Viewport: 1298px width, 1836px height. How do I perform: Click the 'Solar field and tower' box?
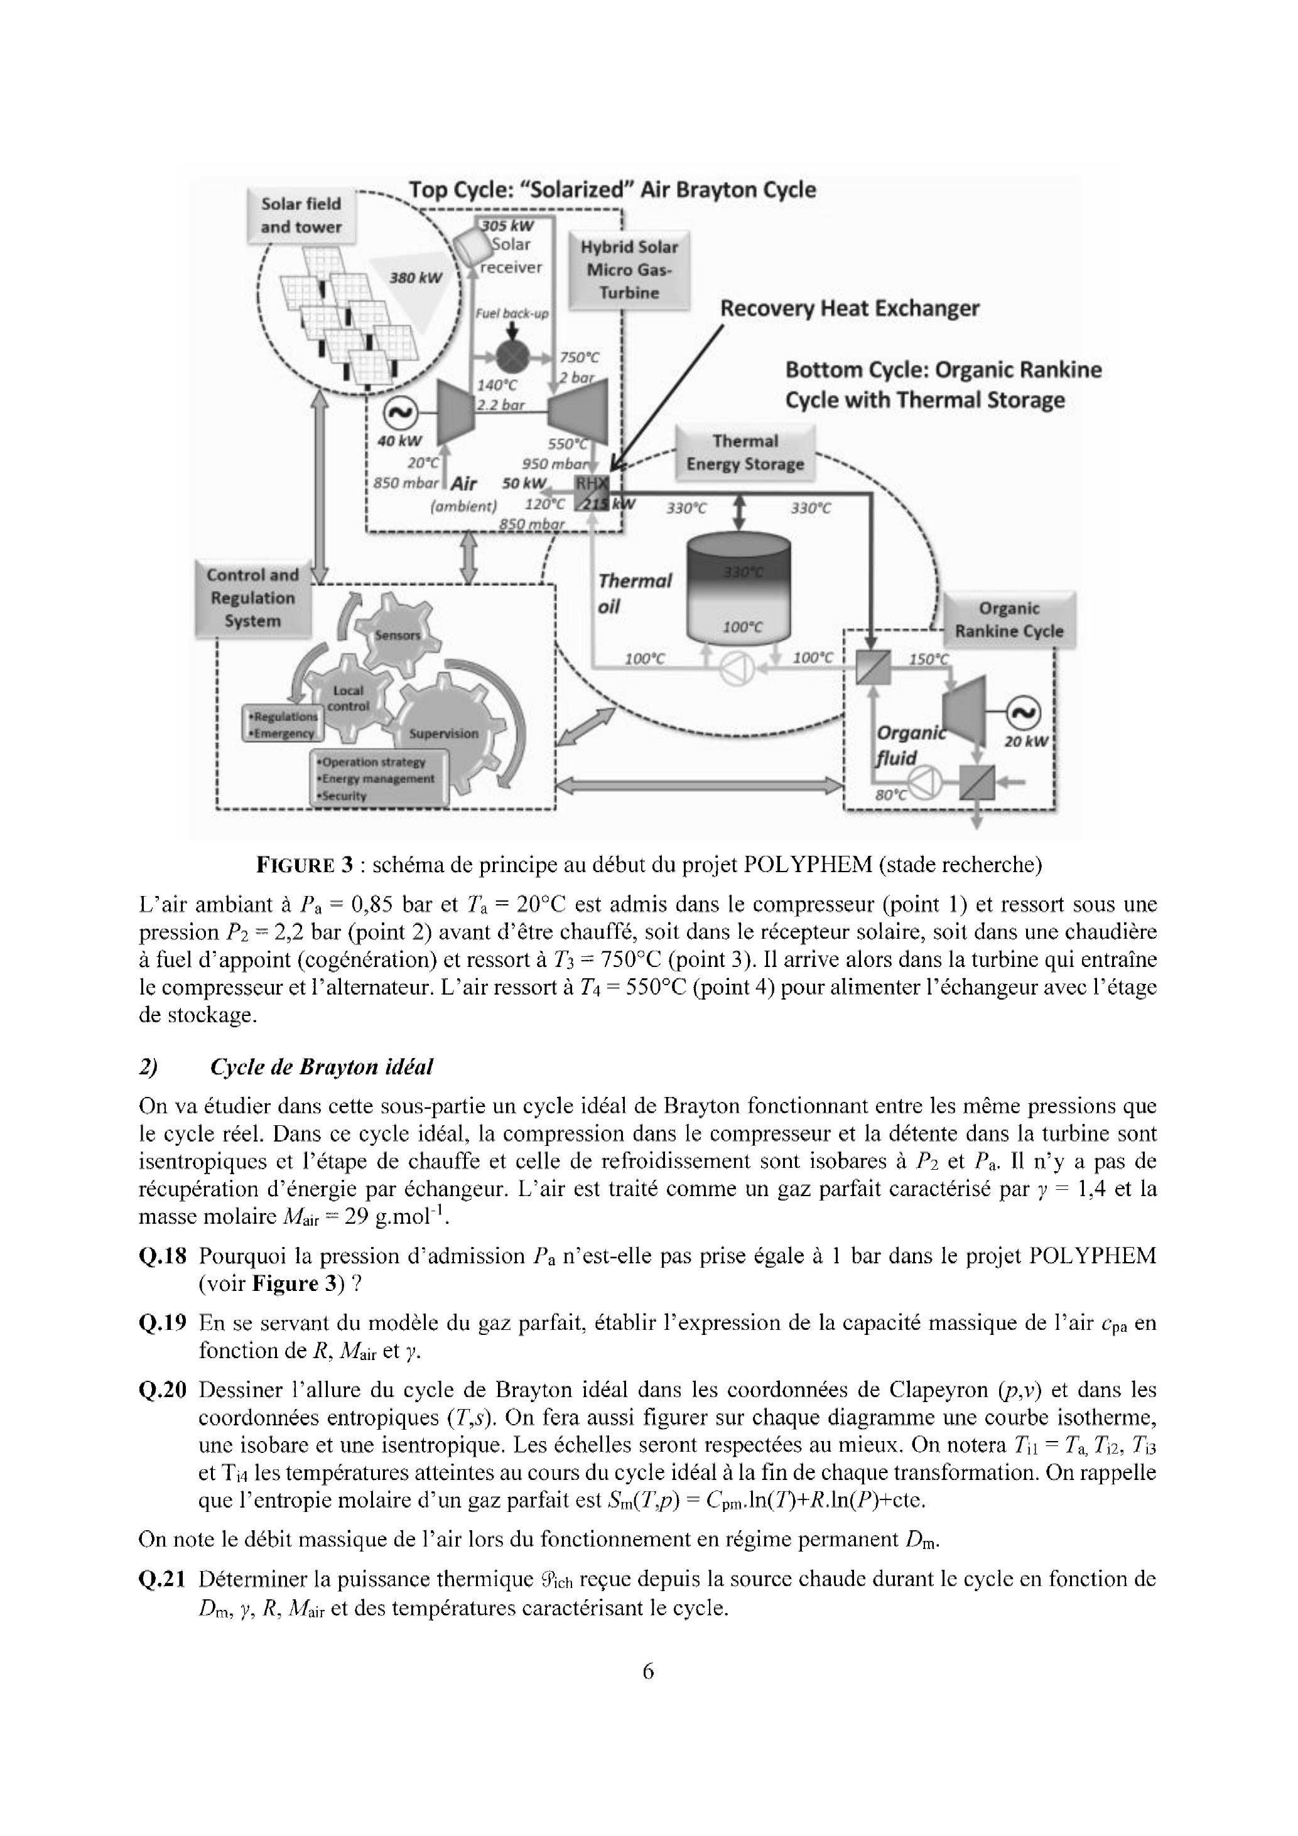pos(301,215)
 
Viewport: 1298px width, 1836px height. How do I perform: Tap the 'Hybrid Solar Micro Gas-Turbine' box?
pos(629,270)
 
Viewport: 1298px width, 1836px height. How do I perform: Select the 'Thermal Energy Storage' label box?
pos(745,453)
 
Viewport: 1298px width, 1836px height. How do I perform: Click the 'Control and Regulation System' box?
pos(252,598)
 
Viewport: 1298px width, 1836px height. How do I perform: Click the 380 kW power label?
pos(416,278)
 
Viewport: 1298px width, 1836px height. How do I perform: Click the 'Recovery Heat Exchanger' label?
pos(850,309)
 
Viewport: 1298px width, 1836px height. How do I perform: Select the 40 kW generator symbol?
pos(400,413)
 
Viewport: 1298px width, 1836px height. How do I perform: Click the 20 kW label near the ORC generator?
pos(1025,742)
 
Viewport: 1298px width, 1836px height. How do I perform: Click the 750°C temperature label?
pos(579,357)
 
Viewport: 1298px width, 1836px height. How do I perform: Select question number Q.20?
pos(163,1390)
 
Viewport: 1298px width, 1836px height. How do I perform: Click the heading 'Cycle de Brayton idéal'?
pos(321,1067)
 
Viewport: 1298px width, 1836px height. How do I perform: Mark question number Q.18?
pos(163,1256)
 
